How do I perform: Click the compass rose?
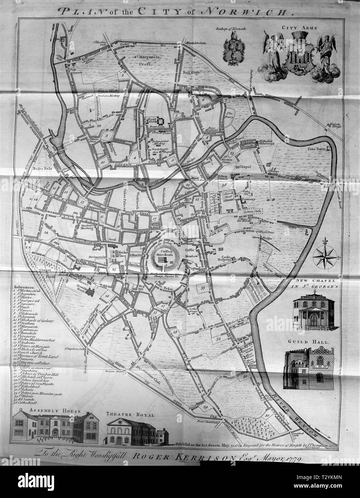(x=325, y=257)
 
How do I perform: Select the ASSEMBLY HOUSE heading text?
(x=47, y=411)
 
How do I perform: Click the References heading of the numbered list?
(x=24, y=287)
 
